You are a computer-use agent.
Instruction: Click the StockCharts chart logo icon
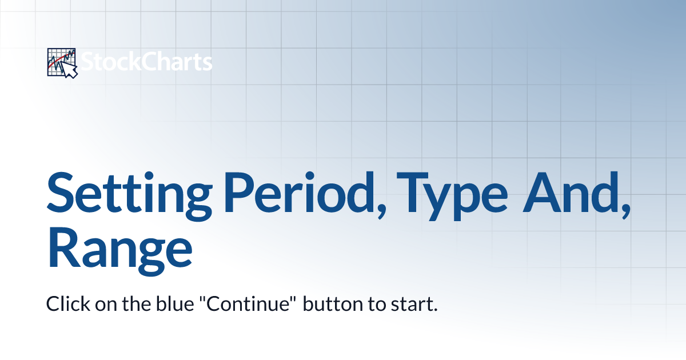coord(62,63)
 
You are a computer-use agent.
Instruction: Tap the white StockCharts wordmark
coord(146,62)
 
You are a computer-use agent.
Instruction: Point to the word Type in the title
coord(452,196)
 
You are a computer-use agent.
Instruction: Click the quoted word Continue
coord(248,303)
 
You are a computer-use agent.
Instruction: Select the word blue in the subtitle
coord(175,303)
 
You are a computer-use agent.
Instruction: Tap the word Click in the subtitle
coord(68,303)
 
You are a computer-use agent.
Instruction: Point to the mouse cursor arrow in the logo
coord(70,70)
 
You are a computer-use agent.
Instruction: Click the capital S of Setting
coord(61,193)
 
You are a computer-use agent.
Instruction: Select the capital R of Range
coord(63,248)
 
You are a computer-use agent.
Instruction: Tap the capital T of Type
coord(412,192)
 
